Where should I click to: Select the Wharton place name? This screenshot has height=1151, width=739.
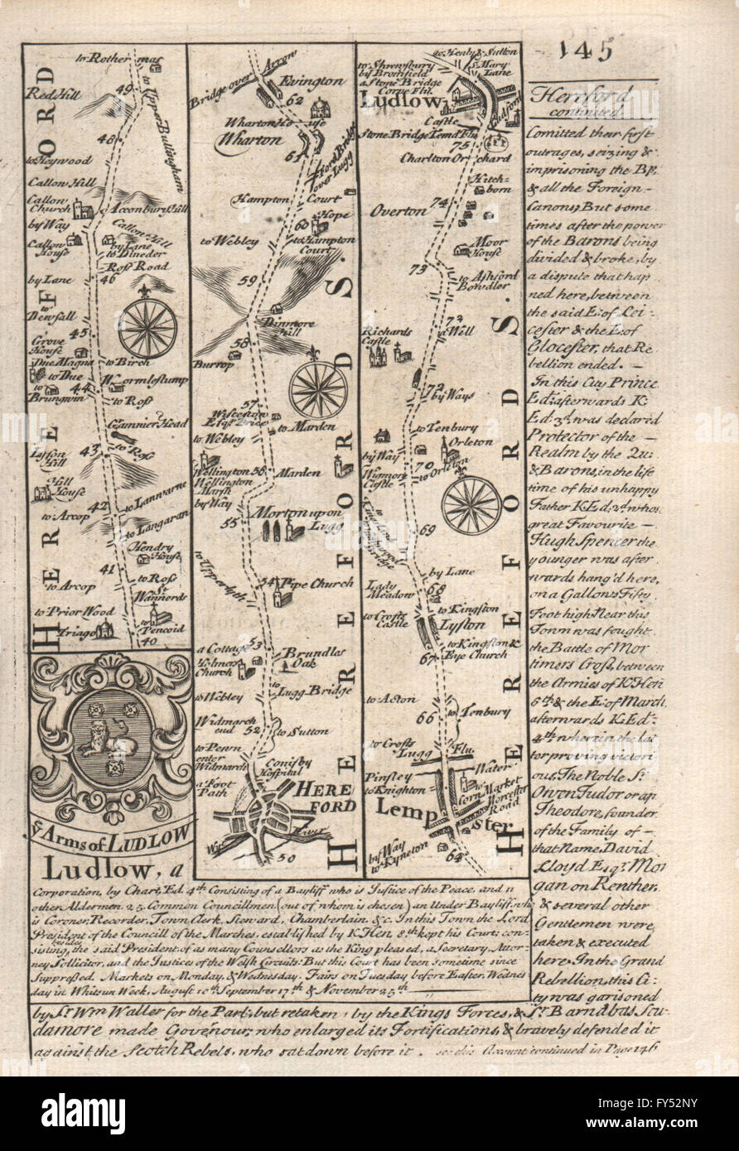point(249,140)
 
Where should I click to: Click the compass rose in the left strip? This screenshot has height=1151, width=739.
point(147,327)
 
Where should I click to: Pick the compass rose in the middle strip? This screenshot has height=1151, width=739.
point(318,389)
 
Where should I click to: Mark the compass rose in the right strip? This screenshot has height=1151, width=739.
point(471,505)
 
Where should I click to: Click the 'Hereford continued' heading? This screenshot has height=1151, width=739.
point(591,101)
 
